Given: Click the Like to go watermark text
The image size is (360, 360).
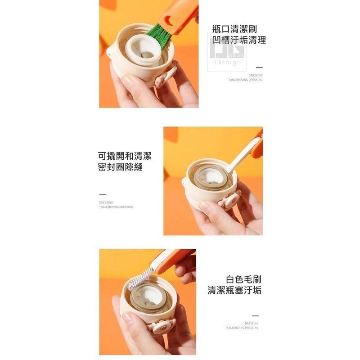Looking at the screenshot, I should pos(227,62).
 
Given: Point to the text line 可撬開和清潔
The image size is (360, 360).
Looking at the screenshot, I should pos(125,156).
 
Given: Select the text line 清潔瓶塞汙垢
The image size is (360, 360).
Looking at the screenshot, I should pos(234,290).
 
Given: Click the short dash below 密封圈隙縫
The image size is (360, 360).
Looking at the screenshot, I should pos(102,194).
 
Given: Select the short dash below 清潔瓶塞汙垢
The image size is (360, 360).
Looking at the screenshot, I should pos(255,316).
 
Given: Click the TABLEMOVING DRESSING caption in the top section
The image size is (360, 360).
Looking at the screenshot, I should pos(245,80).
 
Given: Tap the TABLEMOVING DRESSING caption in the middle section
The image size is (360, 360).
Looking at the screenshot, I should pos(116,207).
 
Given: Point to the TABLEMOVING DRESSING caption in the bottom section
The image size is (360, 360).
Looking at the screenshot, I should pos(242,328).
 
